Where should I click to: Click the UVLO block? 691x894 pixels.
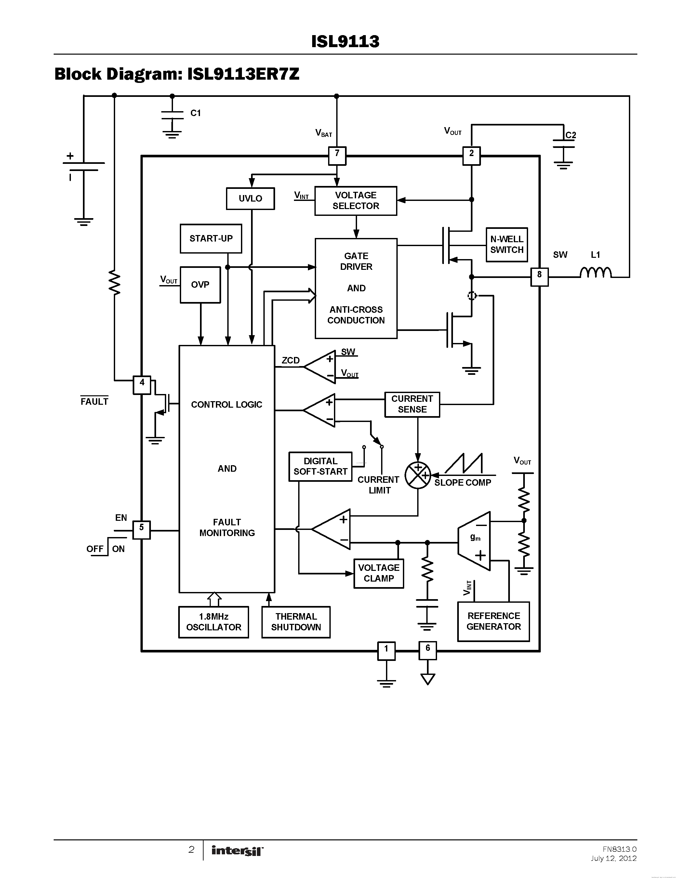point(250,199)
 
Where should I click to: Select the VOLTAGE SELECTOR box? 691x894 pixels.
point(355,201)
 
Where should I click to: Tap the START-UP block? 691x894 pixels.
point(211,238)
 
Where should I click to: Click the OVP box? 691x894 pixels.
point(200,284)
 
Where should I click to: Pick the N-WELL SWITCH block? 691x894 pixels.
point(506,244)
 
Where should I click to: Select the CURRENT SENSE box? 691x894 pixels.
point(412,404)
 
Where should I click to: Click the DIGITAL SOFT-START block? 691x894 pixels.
point(320,466)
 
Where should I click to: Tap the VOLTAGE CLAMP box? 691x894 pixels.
point(379,573)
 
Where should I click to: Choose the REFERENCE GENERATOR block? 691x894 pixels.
point(493,621)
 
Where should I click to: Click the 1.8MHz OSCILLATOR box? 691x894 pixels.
point(214,622)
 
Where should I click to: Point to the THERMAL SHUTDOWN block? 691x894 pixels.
point(296,622)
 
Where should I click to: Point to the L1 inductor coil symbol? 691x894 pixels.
point(596,272)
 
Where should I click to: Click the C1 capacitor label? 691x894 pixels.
point(196,113)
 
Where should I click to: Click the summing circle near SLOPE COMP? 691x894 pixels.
point(418,475)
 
